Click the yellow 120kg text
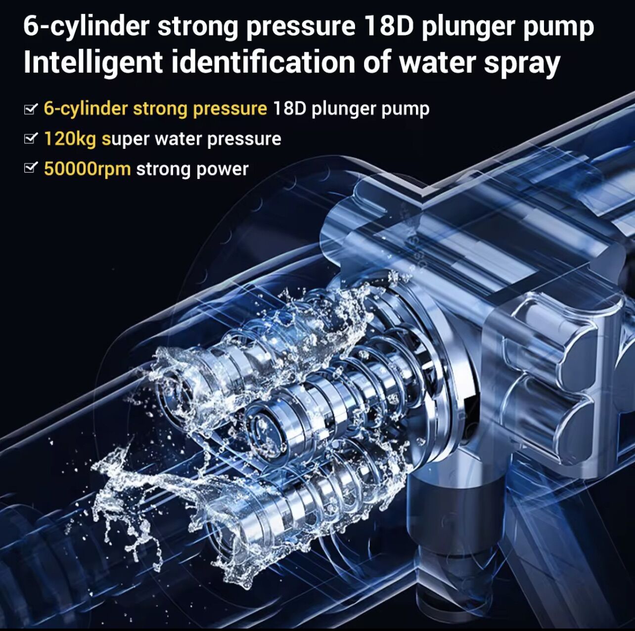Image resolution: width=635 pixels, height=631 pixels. pos(70,139)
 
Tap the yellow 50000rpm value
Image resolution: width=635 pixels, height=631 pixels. pos(87,169)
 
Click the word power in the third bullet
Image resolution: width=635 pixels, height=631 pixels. pos(223,169)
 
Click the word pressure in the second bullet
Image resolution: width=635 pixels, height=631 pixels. pos(244,139)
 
